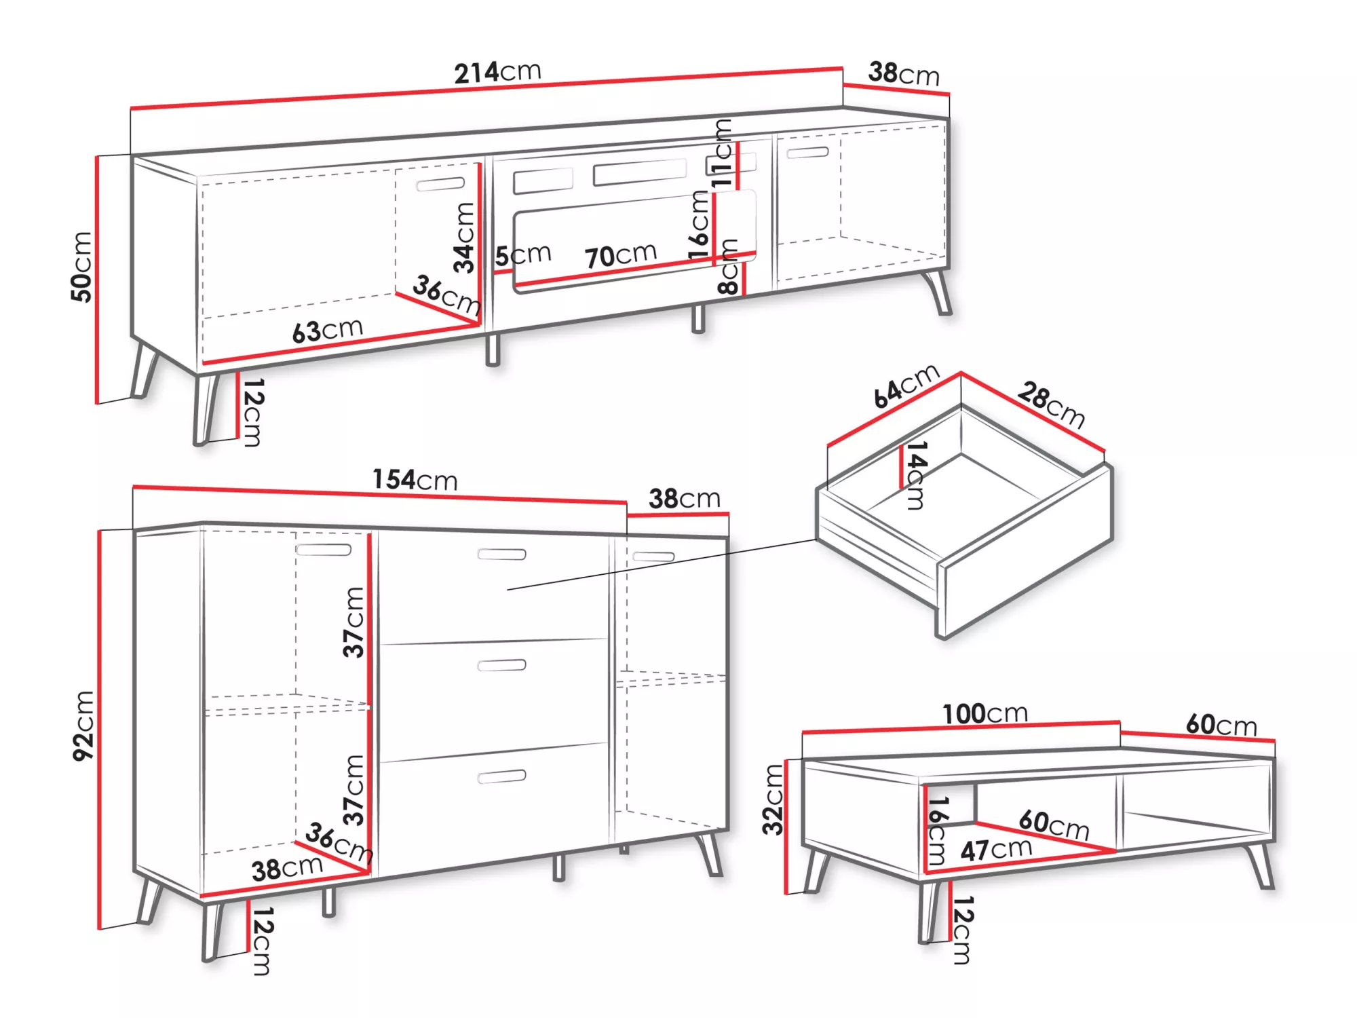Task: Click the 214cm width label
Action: pyautogui.click(x=497, y=72)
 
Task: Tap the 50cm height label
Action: pyautogui.click(x=81, y=266)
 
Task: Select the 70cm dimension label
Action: pyautogui.click(x=621, y=255)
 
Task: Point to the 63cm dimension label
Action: pyautogui.click(x=328, y=331)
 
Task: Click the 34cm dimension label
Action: pyautogui.click(x=465, y=238)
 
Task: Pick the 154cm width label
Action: pyautogui.click(x=415, y=479)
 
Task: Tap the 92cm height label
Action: pyautogui.click(x=84, y=725)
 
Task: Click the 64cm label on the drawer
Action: pyautogui.click(x=906, y=385)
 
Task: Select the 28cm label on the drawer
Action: pyautogui.click(x=1051, y=404)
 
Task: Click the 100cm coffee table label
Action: pyautogui.click(x=985, y=713)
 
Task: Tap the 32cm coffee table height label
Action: pyautogui.click(x=773, y=799)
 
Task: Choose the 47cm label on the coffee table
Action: pyautogui.click(x=996, y=849)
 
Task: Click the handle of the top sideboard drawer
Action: pyautogui.click(x=501, y=554)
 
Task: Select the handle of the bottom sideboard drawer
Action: pyautogui.click(x=501, y=776)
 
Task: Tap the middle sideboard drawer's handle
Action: pyautogui.click(x=501, y=665)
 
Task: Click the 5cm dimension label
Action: pyautogui.click(x=523, y=254)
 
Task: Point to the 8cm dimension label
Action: pyautogui.click(x=727, y=266)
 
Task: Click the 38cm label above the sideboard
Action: pyautogui.click(x=685, y=498)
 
